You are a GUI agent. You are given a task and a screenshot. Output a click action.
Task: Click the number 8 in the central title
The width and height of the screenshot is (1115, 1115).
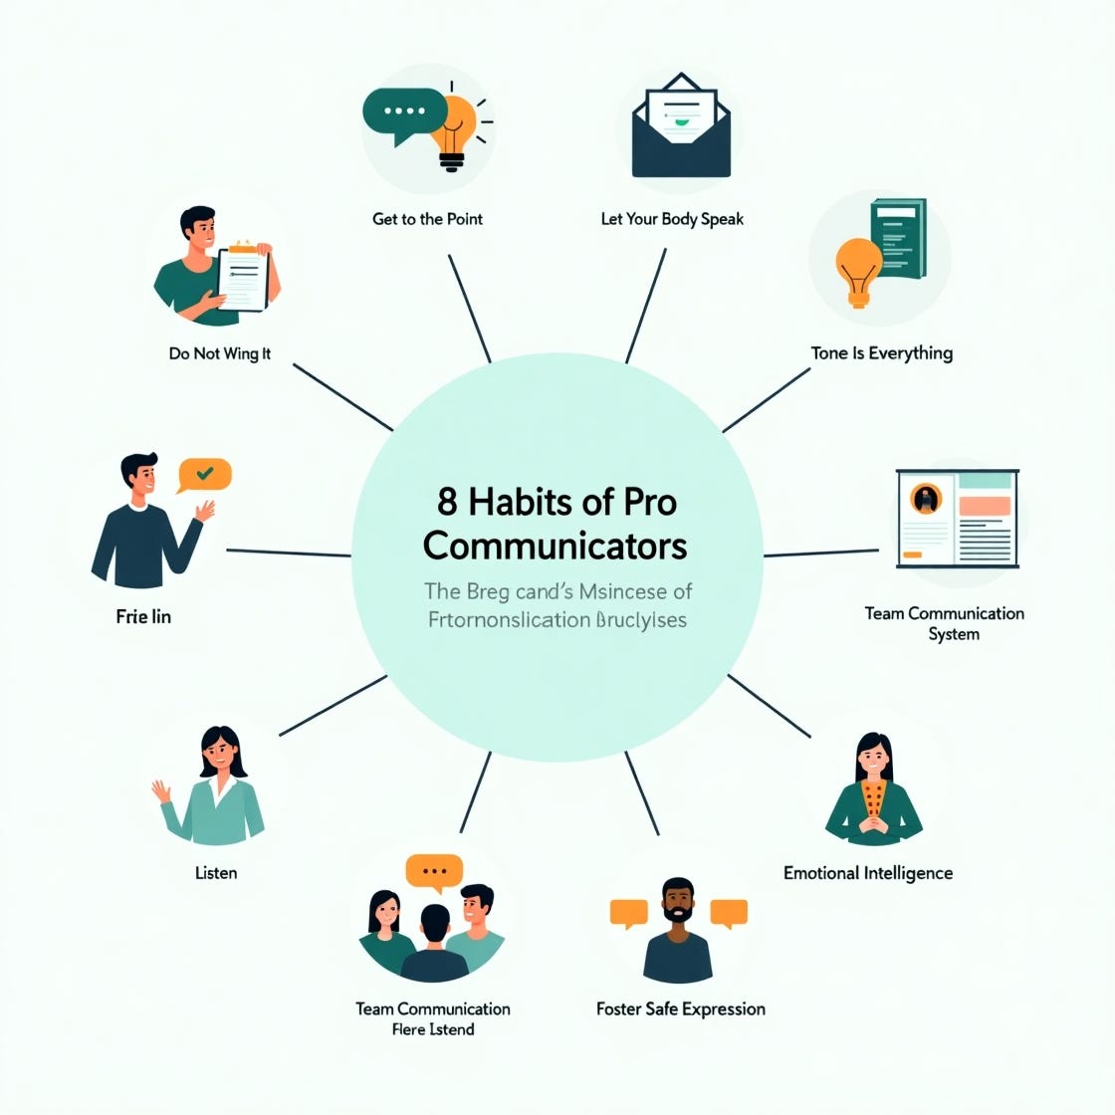447,502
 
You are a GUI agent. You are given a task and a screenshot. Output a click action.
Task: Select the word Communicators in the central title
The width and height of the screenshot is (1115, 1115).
555,546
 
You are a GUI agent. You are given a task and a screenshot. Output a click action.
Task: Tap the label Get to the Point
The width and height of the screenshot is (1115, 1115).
427,219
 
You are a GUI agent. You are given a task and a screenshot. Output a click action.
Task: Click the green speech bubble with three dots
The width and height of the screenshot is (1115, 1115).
403,111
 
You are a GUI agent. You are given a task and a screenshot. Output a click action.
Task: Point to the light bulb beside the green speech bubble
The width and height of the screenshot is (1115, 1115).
455,129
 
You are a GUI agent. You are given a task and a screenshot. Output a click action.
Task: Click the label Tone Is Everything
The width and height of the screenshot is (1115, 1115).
881,353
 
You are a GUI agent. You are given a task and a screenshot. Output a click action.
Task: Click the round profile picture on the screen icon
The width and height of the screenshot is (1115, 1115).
926,497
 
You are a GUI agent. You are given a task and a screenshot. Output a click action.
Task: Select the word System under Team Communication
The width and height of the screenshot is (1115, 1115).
954,635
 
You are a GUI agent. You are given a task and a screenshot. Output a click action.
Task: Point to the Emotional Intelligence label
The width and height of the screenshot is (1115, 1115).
867,873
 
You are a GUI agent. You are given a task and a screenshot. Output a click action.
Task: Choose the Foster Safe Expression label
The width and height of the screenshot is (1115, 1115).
681,1008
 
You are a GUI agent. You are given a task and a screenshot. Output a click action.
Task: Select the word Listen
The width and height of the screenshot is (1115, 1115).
216,873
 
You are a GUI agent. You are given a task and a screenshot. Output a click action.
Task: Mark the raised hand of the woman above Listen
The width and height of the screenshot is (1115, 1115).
161,792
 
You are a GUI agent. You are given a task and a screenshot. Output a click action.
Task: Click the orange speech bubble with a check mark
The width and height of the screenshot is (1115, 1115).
204,475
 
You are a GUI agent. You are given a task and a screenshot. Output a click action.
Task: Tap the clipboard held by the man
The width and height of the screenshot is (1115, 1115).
243,277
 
